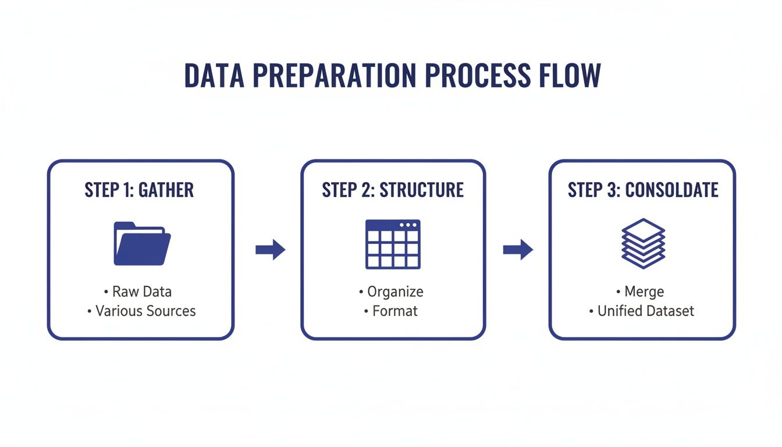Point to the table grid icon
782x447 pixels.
tap(393, 245)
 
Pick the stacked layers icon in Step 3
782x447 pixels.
tap(643, 243)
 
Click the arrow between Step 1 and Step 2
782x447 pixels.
tap(271, 250)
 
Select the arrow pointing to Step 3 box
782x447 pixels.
tap(518, 250)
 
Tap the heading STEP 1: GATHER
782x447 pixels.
tap(139, 190)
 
